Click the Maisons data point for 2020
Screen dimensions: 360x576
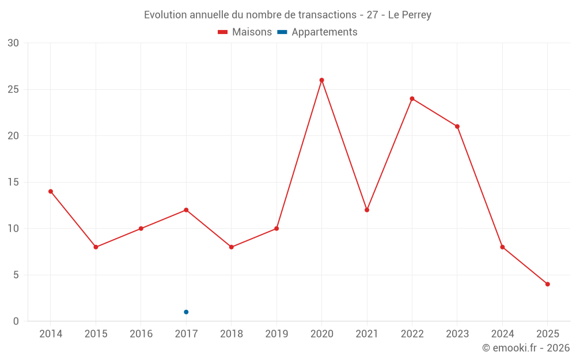pos(321,80)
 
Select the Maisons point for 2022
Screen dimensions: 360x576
pos(412,98)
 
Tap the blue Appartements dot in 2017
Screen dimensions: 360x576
pos(186,312)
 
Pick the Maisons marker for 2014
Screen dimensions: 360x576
pos(51,191)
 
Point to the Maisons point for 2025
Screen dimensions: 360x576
pos(547,284)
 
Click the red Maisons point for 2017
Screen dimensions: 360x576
pos(186,210)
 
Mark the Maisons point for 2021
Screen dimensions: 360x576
pos(367,210)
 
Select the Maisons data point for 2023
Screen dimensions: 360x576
pos(457,127)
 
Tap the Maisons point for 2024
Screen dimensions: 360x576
pos(502,247)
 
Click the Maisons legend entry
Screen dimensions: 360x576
pos(245,32)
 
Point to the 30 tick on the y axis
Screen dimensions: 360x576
pos(13,43)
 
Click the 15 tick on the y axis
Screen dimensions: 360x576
pos(13,182)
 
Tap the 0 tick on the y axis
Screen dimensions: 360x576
pos(16,321)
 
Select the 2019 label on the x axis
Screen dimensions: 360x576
pos(276,334)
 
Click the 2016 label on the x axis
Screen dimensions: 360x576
pos(141,334)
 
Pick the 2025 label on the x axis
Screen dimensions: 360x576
pos(547,334)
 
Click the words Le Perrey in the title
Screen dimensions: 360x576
pos(410,15)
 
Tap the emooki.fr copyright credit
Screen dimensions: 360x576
pos(526,348)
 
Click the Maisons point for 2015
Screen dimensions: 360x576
pos(96,247)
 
